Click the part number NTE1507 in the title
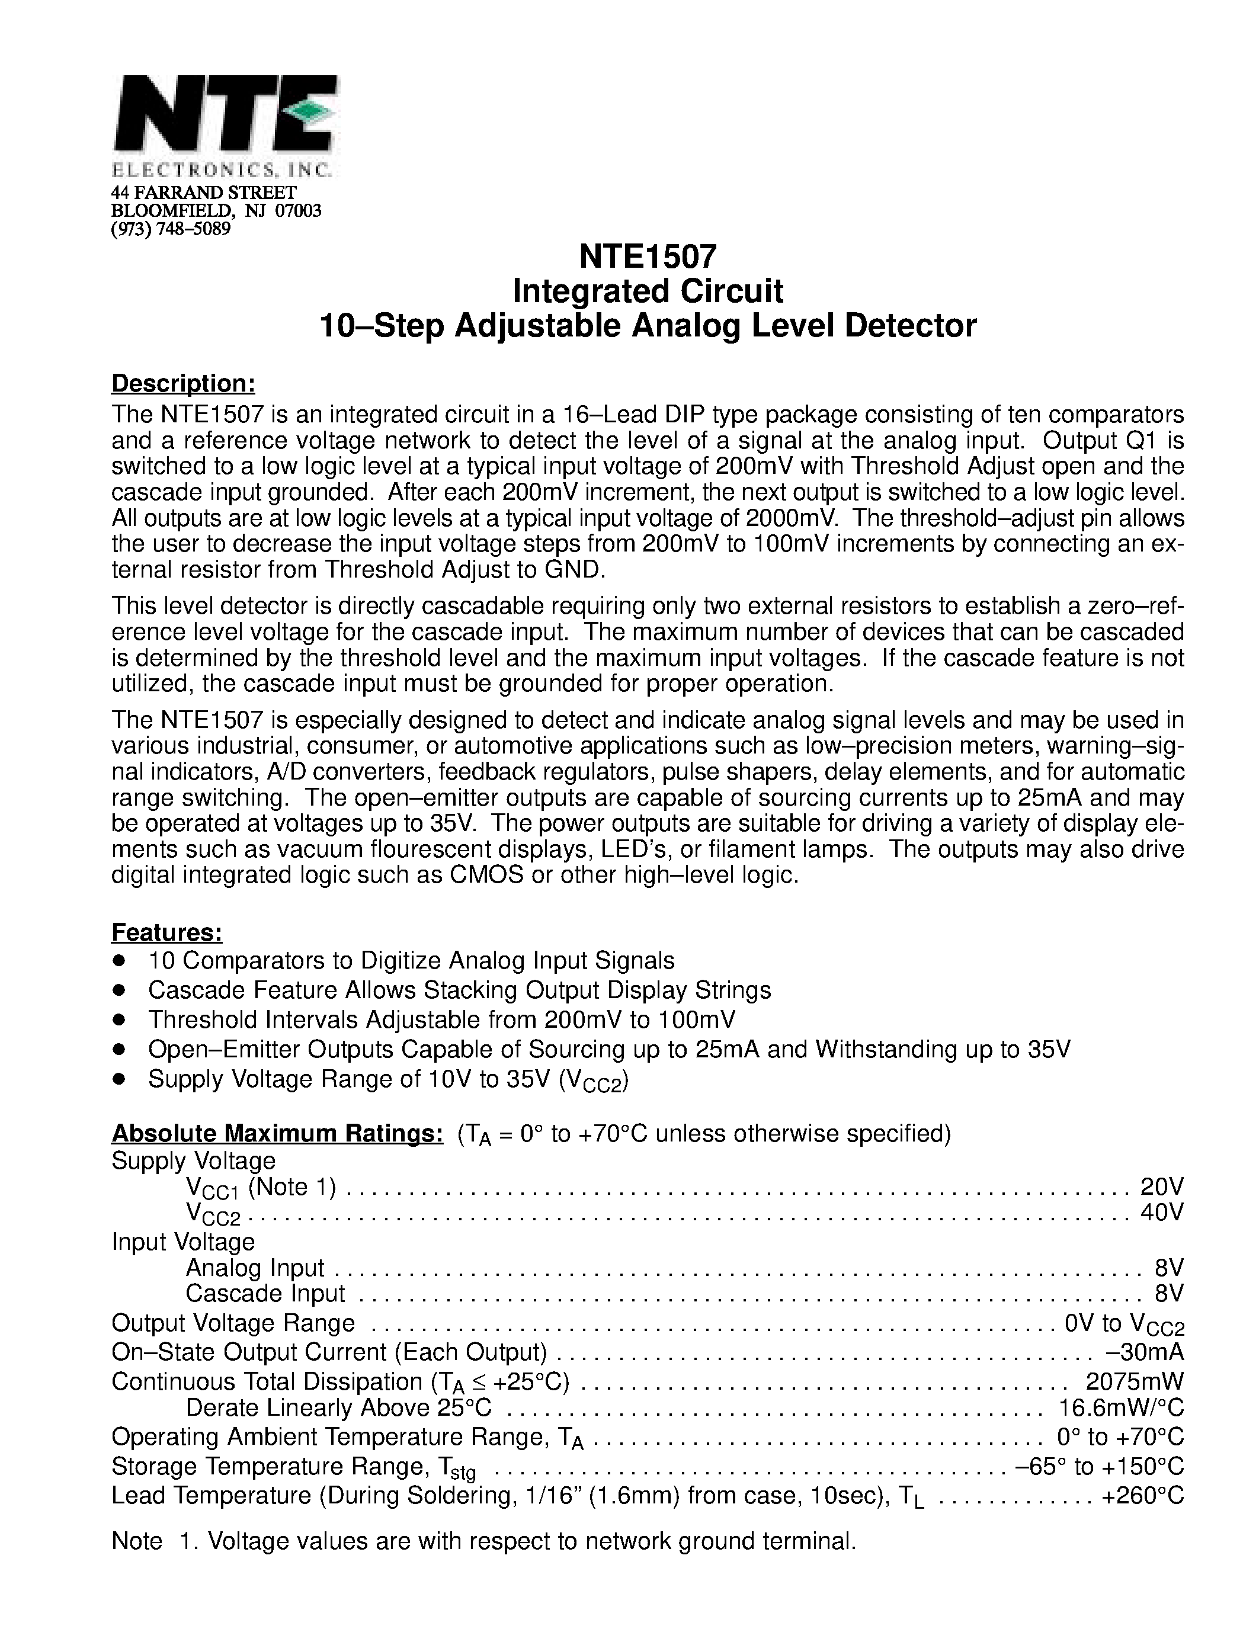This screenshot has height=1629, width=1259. (648, 256)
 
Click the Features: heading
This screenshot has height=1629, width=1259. (167, 932)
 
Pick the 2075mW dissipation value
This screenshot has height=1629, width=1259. (1135, 1381)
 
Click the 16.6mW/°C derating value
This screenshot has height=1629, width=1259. (1121, 1407)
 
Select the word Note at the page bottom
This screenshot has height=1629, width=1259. (136, 1541)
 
